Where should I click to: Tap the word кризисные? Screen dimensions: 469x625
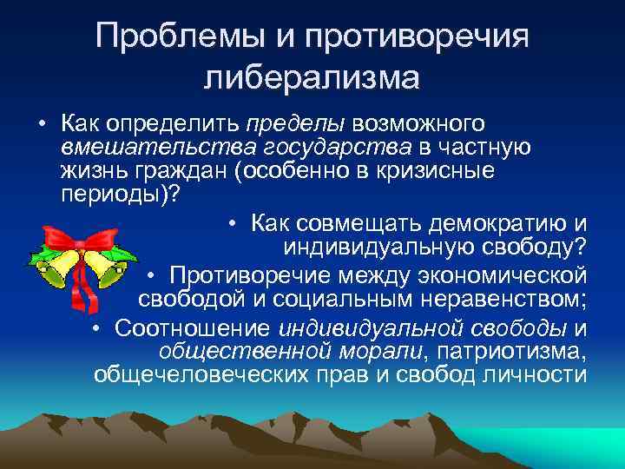coord(437,170)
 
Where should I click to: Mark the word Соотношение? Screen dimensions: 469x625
coord(194,328)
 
